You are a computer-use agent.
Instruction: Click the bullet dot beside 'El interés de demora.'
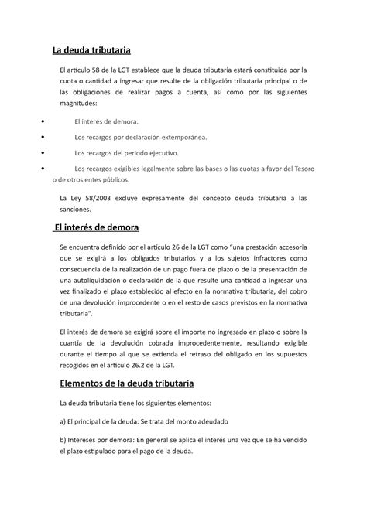(x=42, y=121)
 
